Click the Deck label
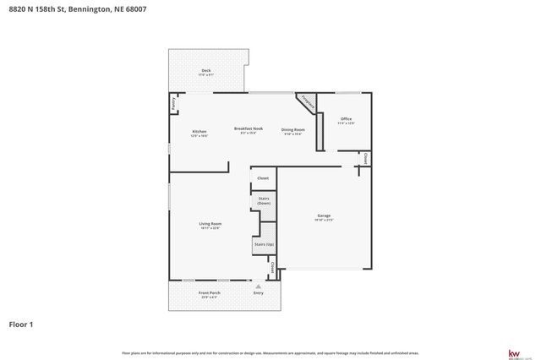tap(205, 72)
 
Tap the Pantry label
tap(173, 104)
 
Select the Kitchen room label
tap(199, 133)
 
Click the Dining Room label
tap(293, 131)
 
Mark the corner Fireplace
tap(308, 102)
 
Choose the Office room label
tap(346, 120)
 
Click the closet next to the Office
tap(364, 158)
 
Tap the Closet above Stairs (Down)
tap(263, 178)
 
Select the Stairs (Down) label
tap(264, 202)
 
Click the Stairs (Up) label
tap(264, 244)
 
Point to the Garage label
tap(325, 216)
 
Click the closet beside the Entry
tap(272, 267)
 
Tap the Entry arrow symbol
tap(258, 287)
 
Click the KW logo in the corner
tap(511, 352)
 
